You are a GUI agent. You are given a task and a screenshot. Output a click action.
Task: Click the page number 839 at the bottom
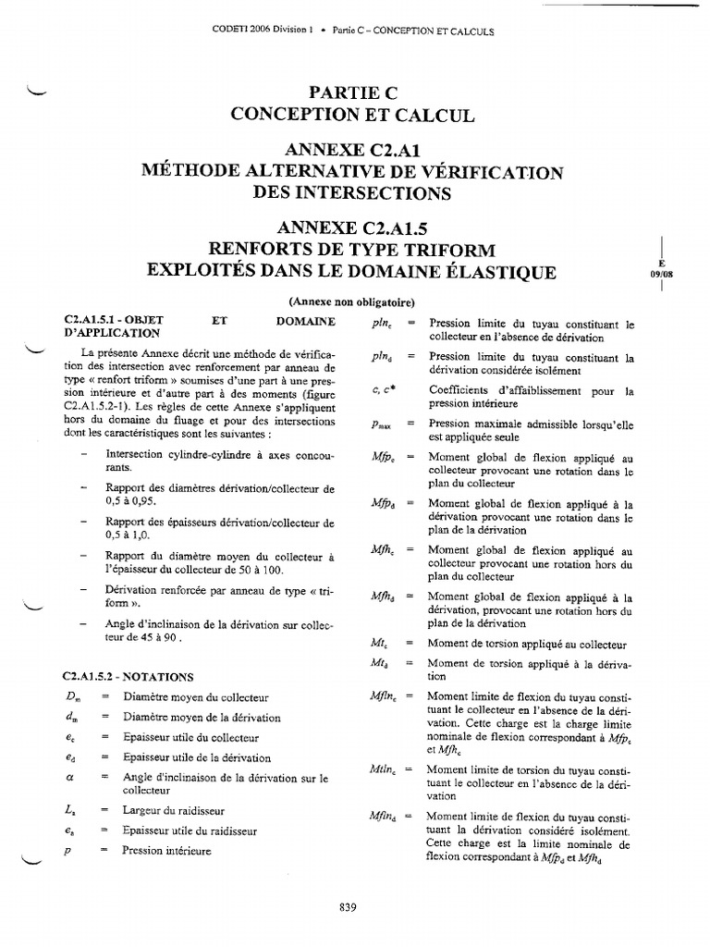[x=348, y=907]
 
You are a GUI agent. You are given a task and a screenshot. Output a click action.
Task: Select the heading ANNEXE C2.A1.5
[x=351, y=228]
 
